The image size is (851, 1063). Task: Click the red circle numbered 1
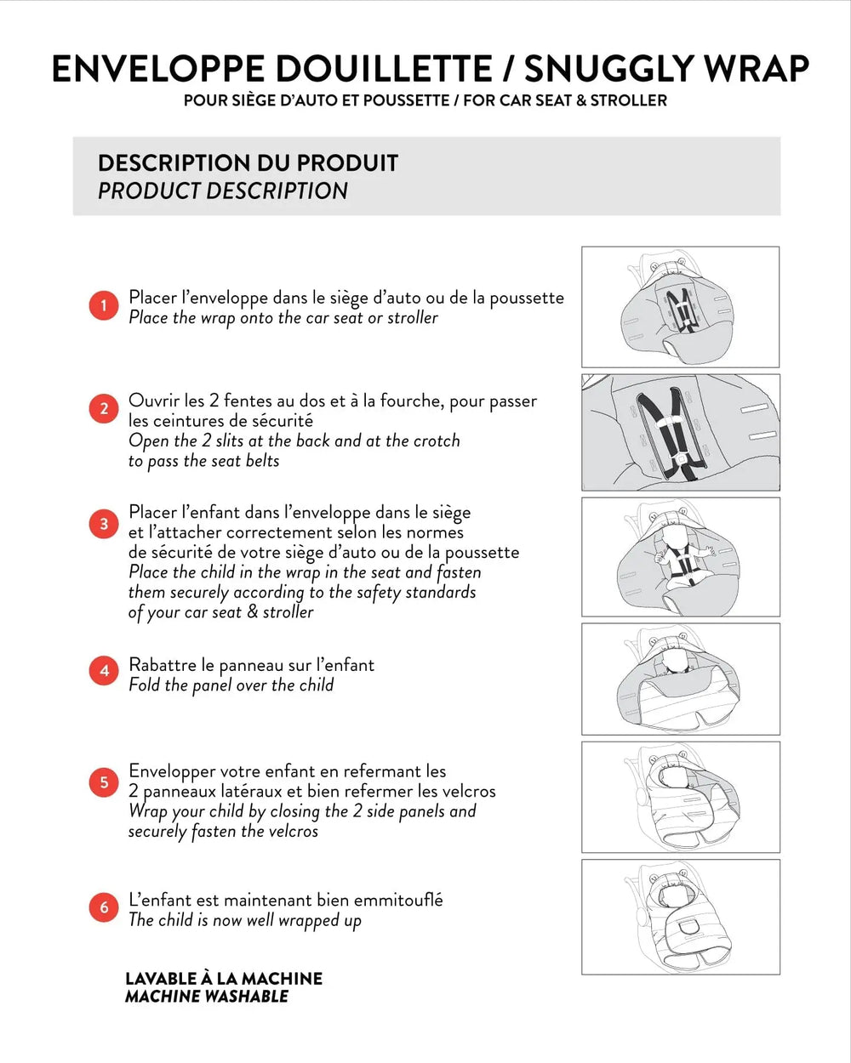(104, 306)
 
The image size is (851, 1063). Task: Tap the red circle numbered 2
(104, 409)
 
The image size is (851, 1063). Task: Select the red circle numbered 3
(104, 524)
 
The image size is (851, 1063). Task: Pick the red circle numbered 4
(104, 671)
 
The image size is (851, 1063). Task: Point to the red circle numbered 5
(104, 782)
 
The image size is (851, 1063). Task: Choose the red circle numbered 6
(104, 907)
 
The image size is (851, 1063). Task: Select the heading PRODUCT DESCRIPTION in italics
(223, 190)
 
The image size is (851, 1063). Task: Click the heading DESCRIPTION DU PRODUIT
(248, 162)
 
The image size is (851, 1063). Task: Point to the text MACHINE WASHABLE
(207, 997)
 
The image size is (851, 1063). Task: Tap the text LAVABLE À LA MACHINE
(224, 978)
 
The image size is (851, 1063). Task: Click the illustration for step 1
(680, 307)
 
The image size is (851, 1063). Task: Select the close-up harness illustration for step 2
(680, 432)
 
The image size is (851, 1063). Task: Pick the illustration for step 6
(680, 917)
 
